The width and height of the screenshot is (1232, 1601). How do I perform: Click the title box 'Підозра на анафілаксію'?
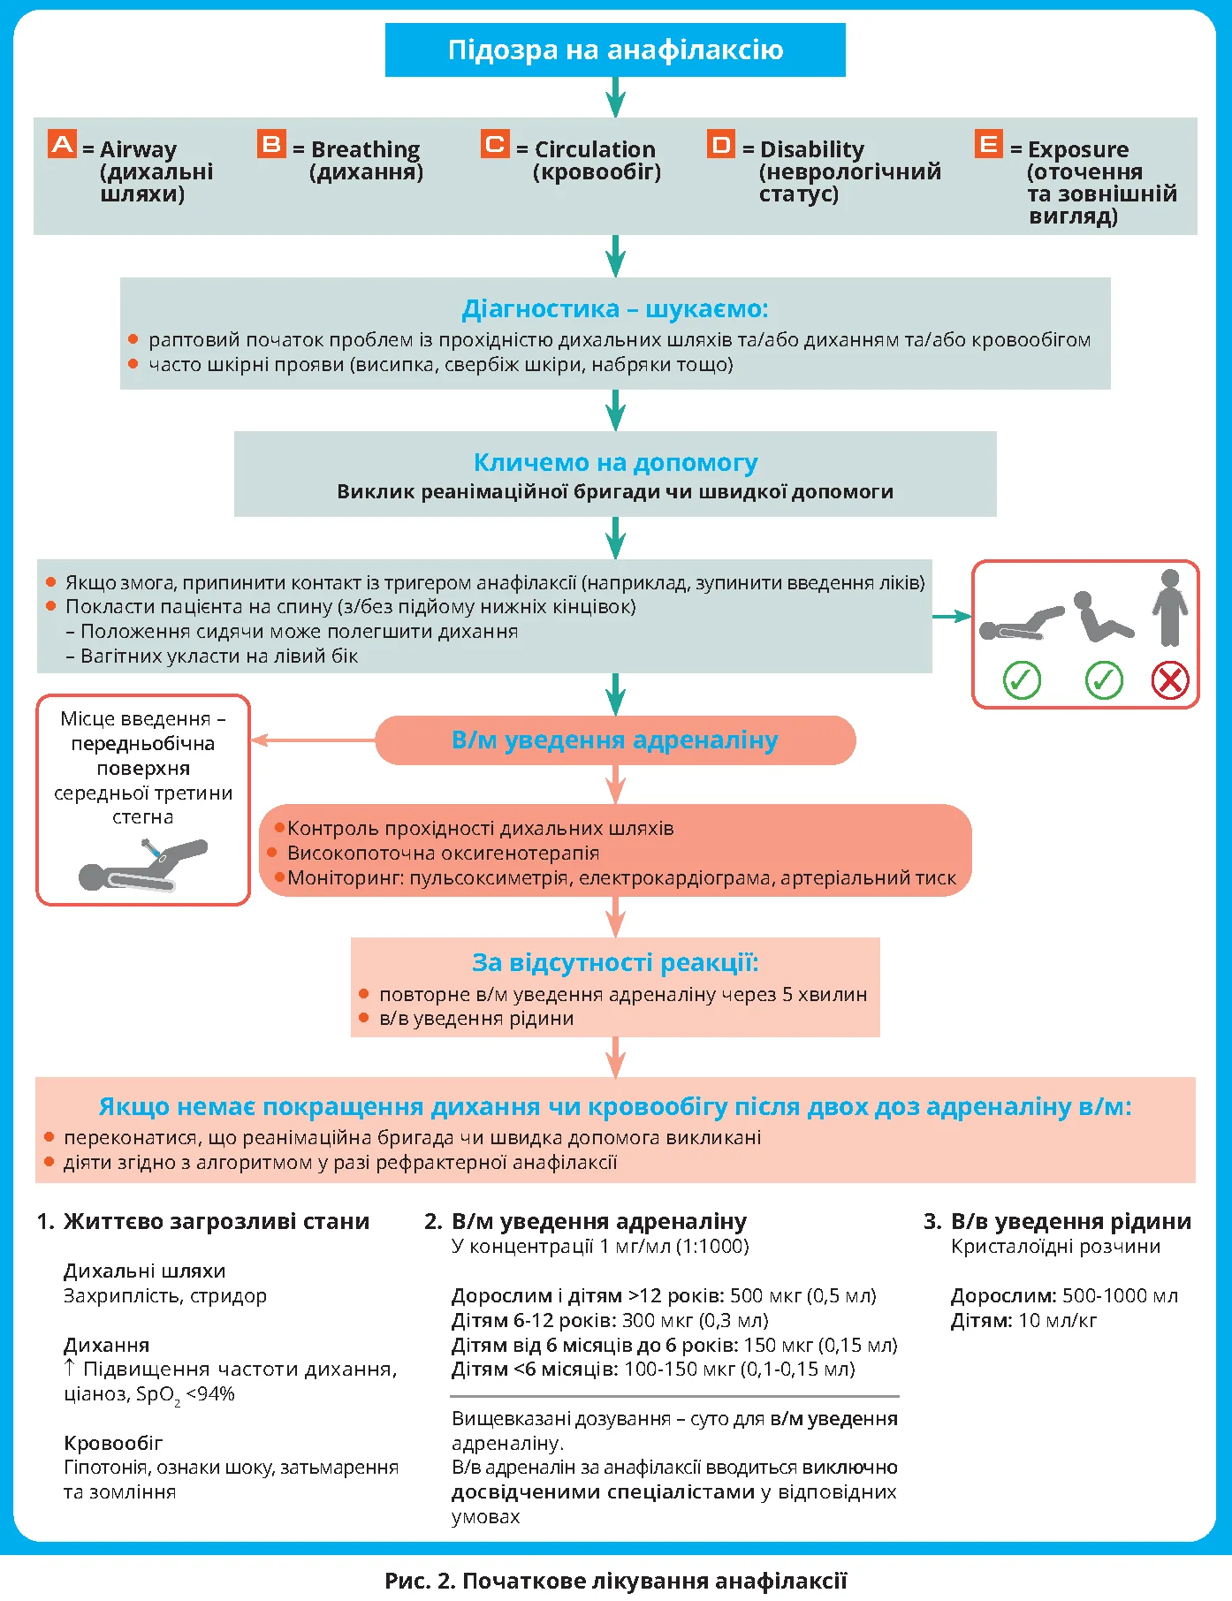point(615,50)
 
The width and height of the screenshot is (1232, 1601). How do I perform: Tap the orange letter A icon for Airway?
point(62,144)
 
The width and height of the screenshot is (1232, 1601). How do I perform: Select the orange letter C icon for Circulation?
point(496,144)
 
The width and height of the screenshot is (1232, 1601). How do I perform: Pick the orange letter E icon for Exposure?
point(989,144)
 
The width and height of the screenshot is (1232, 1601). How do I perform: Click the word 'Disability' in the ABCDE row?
point(811,149)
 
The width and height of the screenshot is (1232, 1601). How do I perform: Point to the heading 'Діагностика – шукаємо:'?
point(615,309)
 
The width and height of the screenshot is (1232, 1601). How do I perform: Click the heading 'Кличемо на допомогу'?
point(615,462)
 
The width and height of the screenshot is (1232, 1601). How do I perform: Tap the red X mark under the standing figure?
point(1170,680)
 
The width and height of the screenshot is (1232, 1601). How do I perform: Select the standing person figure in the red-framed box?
point(1170,608)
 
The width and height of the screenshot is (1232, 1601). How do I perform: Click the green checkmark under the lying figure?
point(1022,680)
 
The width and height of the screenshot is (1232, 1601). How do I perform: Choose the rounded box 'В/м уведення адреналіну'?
point(615,740)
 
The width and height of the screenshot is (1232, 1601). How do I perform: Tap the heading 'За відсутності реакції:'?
point(615,962)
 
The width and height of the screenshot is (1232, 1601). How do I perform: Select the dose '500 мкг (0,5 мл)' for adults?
point(803,1296)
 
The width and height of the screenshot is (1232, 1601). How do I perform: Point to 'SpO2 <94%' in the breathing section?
point(185,1394)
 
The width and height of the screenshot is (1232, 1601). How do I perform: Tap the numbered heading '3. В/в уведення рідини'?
point(1057,1222)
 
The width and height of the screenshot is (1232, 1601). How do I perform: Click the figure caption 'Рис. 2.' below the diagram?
point(420,1581)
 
